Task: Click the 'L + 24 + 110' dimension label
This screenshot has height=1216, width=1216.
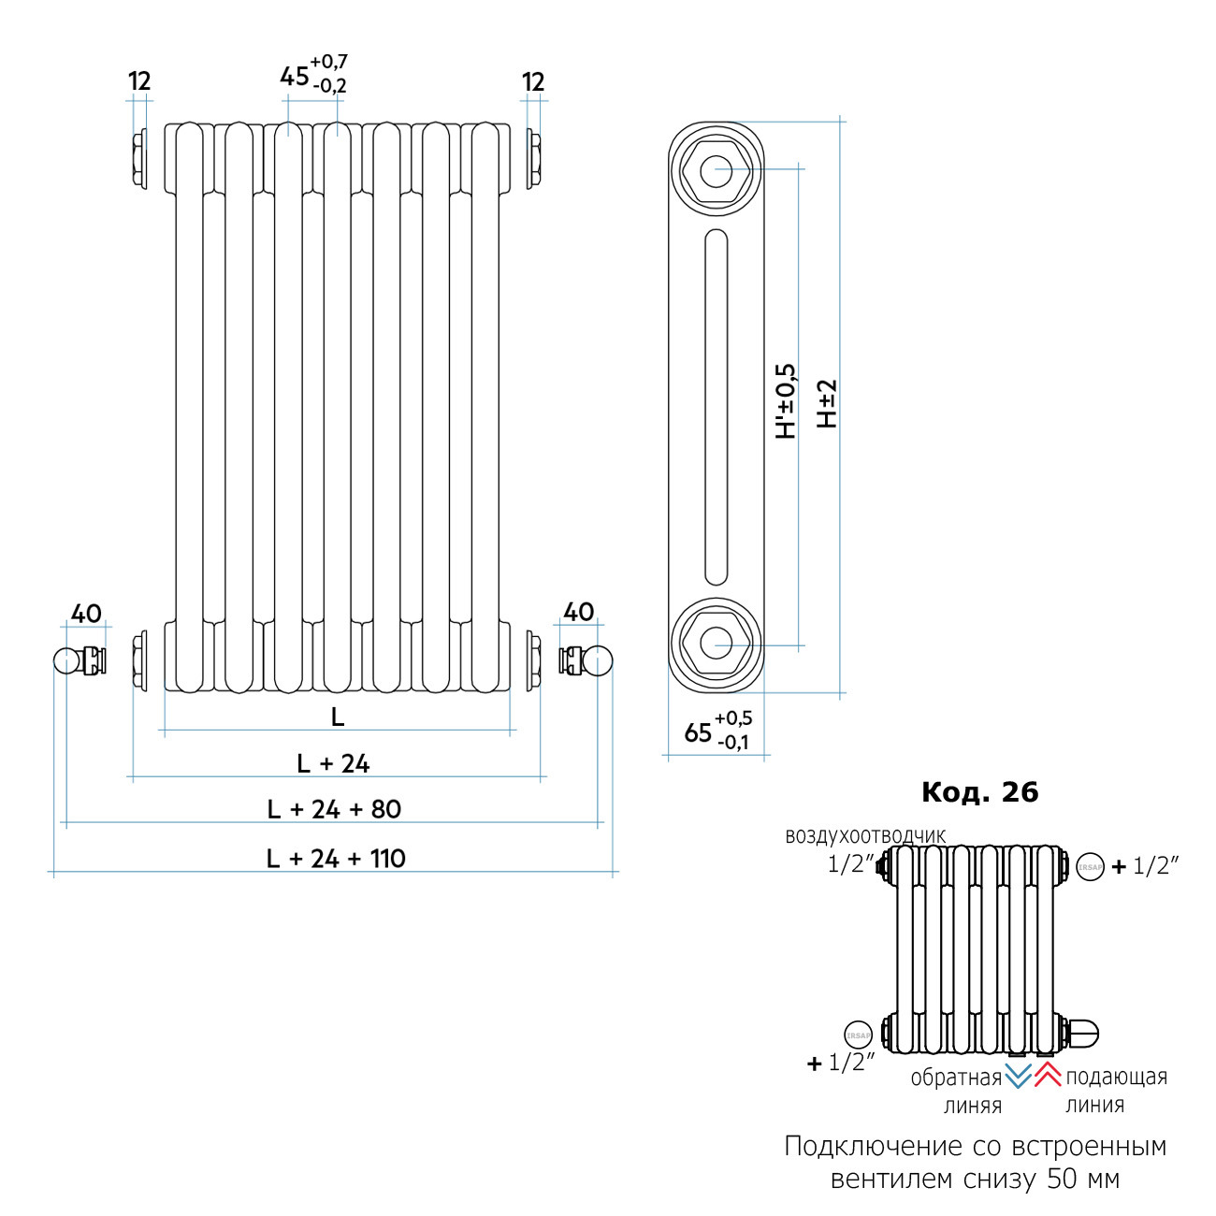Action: [x=336, y=858]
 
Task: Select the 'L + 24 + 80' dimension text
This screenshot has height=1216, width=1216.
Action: [x=334, y=809]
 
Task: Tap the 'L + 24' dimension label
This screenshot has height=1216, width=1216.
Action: [x=333, y=763]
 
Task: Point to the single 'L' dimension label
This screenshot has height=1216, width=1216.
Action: [x=338, y=717]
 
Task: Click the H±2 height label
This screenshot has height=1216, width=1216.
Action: [x=827, y=404]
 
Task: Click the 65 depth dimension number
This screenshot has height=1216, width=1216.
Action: [x=698, y=732]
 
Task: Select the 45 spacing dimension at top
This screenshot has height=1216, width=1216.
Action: [x=295, y=76]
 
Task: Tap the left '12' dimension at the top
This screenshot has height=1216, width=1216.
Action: [x=139, y=81]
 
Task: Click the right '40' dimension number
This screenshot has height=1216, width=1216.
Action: [x=579, y=613]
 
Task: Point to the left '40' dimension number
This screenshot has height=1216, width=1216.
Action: [x=86, y=614]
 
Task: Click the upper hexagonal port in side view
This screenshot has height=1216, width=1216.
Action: [x=717, y=171]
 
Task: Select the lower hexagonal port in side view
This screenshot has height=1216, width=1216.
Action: [x=717, y=644]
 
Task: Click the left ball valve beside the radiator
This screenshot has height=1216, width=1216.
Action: [x=68, y=660]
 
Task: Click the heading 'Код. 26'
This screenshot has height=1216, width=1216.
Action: [x=979, y=792]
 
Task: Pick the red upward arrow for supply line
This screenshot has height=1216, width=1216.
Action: [x=1047, y=1075]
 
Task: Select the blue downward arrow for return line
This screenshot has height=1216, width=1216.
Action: [x=1018, y=1076]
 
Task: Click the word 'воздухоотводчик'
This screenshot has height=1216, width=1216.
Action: [x=865, y=836]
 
